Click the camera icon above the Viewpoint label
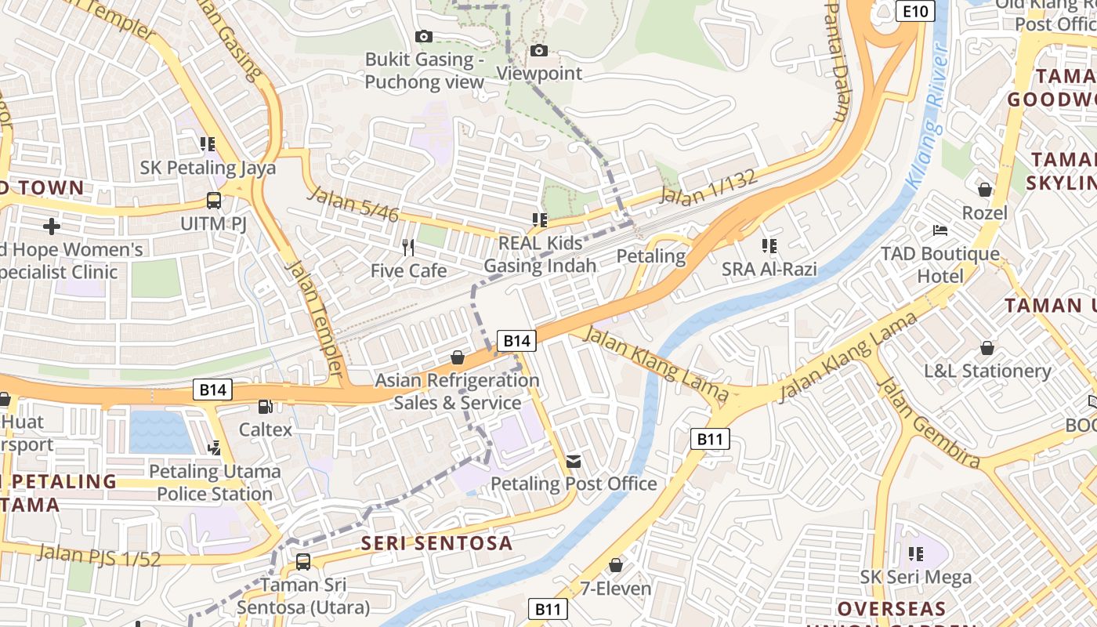coord(539,51)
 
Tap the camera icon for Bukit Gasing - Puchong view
coord(423,37)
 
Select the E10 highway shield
coord(915,11)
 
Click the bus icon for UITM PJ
coord(214,201)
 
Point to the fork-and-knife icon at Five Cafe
coord(407,248)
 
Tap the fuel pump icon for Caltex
coord(266,407)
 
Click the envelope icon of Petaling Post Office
coord(574,462)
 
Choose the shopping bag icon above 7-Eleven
coord(616,565)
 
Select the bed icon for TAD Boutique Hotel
coord(940,230)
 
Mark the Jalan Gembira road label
coord(928,423)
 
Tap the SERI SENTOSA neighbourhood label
coord(436,543)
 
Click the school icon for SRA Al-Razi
coord(769,246)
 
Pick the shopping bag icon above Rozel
coord(985,190)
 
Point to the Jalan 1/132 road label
coord(709,188)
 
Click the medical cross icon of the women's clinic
coord(52,227)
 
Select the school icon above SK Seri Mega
coord(916,554)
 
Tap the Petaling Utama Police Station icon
coord(214,448)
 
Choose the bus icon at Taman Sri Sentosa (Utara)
coord(303,562)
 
